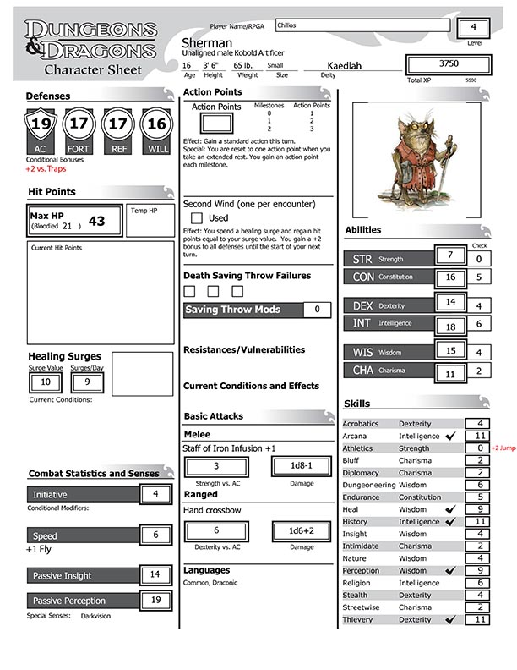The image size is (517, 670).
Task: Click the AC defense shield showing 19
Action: (39, 127)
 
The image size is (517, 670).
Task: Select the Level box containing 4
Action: (473, 27)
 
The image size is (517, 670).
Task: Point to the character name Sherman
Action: (206, 42)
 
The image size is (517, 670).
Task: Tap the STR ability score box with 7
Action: (450, 256)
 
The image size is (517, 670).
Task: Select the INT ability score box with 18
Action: (450, 325)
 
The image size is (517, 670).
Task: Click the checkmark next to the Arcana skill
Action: (450, 436)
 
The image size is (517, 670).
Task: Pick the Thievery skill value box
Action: (479, 620)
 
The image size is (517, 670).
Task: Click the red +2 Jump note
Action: (503, 448)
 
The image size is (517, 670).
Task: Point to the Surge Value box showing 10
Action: (46, 382)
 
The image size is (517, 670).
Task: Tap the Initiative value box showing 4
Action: (155, 494)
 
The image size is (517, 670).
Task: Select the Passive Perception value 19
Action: (155, 601)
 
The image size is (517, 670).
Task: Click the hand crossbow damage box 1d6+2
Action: (302, 530)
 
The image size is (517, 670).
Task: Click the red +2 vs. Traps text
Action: (46, 169)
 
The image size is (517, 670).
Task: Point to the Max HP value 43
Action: (96, 222)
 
